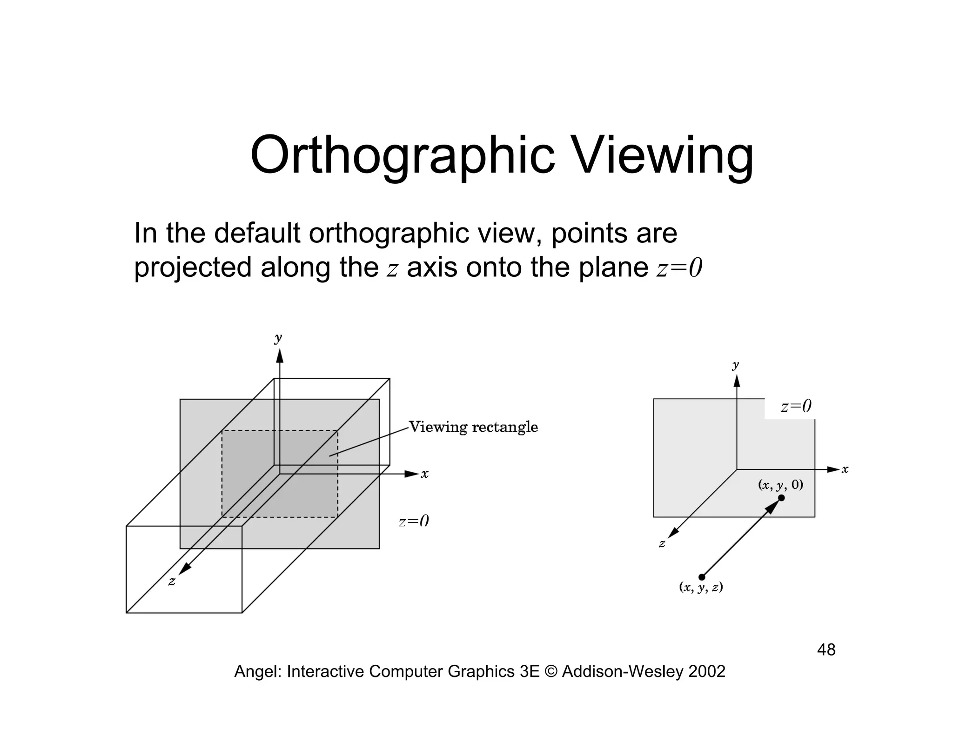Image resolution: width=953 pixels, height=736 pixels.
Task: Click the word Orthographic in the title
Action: click(x=403, y=156)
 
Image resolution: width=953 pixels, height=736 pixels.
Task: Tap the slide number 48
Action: click(x=826, y=650)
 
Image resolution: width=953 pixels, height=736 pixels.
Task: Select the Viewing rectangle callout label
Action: click(x=473, y=427)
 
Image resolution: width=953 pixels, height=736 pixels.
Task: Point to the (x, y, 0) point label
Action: click(x=780, y=485)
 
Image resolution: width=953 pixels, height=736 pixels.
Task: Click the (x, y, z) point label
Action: click(x=701, y=588)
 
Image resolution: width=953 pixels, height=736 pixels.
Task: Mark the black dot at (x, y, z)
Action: click(x=702, y=577)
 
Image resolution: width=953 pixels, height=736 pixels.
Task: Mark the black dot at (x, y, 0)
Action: click(x=781, y=498)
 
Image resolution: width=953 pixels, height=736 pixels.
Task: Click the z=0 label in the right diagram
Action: click(x=796, y=407)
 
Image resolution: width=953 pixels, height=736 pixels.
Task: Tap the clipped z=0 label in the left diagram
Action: click(x=413, y=522)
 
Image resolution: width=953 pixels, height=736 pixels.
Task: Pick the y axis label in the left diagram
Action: click(x=278, y=338)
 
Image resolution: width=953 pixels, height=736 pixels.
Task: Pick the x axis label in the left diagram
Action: click(x=424, y=474)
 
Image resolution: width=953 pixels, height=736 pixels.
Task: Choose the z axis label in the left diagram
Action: click(x=172, y=582)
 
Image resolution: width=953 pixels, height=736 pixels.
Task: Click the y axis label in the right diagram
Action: click(x=735, y=365)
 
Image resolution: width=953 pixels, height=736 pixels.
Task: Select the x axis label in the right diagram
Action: click(x=845, y=469)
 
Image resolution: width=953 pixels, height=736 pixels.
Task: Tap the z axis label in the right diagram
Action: click(x=662, y=543)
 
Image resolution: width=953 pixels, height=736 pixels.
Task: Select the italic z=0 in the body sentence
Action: click(x=679, y=268)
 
